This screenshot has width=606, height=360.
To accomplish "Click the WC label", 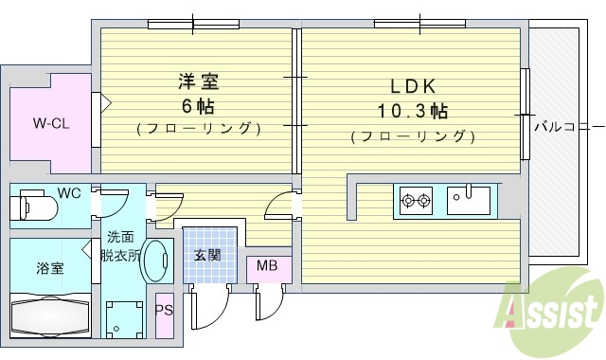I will [x=69, y=193].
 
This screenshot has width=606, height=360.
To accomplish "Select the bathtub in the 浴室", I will [x=49, y=315].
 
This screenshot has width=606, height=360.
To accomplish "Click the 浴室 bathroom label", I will [x=50, y=267].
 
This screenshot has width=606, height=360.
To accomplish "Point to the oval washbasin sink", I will [x=154, y=261].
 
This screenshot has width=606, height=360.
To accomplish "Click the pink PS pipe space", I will [x=164, y=311].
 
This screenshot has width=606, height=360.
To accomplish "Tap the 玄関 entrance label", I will [x=207, y=254].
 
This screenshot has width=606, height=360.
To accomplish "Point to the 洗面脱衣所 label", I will [x=123, y=246].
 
